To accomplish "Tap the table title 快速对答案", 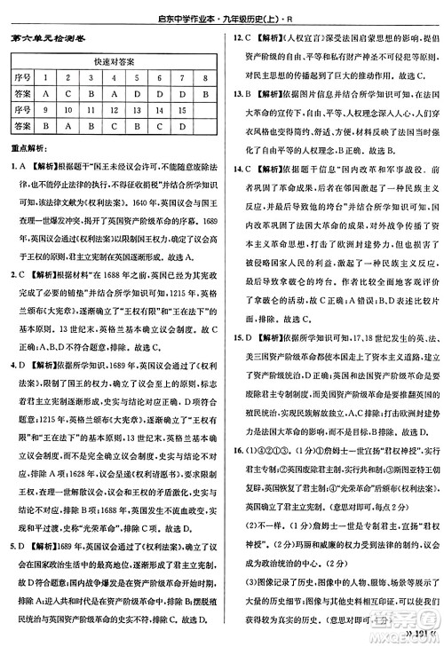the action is [113, 61].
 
